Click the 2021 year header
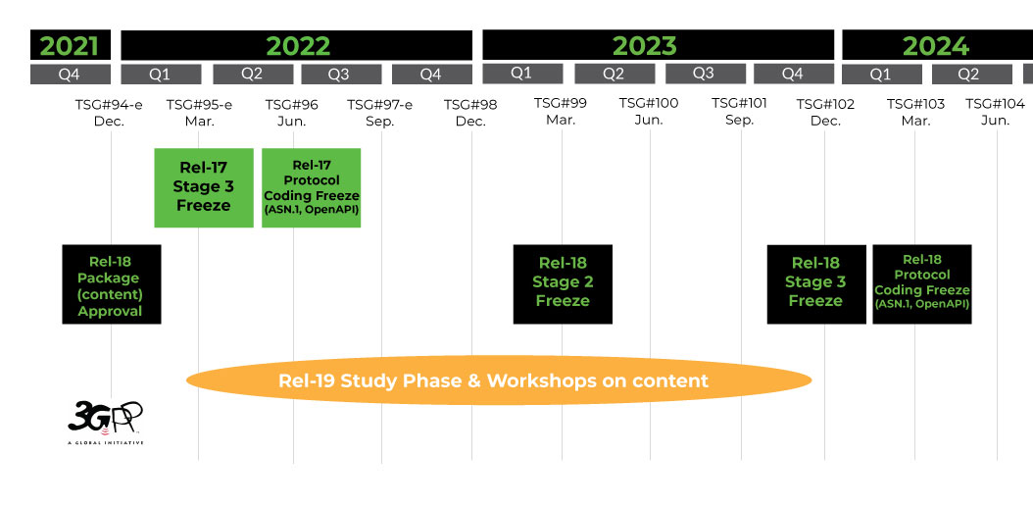pos(70,45)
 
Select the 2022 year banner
pos(297,45)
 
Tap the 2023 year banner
pos(644,45)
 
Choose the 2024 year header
pos(935,45)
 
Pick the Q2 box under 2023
pos(615,74)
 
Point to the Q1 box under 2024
pos(881,74)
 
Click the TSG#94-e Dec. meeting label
pos(109,112)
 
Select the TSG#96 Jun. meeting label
pos(292,112)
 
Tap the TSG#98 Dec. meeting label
pos(470,112)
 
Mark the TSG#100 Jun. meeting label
pos(649,112)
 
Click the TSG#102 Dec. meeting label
pos(825,112)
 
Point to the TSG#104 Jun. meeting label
pos(995,112)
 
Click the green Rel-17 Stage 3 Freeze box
pos(204,187)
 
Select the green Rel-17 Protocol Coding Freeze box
pos(311,187)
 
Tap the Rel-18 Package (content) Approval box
pos(111,284)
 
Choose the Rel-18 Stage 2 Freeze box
pos(563,284)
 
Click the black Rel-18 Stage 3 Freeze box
pos(815,284)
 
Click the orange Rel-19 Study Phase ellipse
pos(499,380)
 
